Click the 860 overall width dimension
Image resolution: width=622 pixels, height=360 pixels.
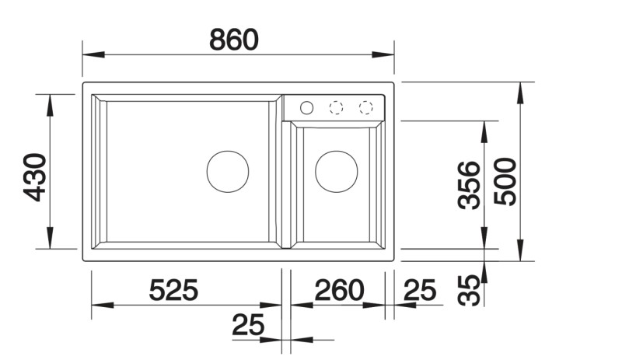click(x=233, y=39)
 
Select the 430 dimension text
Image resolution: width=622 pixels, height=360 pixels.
click(x=36, y=177)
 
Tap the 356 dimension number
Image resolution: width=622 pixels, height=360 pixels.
click(x=468, y=185)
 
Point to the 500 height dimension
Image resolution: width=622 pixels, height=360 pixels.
click(x=506, y=180)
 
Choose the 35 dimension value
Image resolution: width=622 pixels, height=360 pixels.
click(x=468, y=289)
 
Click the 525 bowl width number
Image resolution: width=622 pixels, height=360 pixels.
click(x=174, y=291)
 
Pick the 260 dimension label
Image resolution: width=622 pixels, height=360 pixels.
click(x=338, y=291)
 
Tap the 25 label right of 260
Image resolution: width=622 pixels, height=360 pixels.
click(x=420, y=291)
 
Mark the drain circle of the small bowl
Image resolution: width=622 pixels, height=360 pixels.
click(x=336, y=171)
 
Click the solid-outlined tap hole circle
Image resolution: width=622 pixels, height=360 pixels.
click(x=306, y=107)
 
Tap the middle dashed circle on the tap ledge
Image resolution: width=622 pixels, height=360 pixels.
click(x=336, y=107)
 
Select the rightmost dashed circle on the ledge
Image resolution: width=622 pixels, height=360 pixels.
click(x=365, y=107)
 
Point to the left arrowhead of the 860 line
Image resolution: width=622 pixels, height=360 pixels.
click(x=90, y=54)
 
